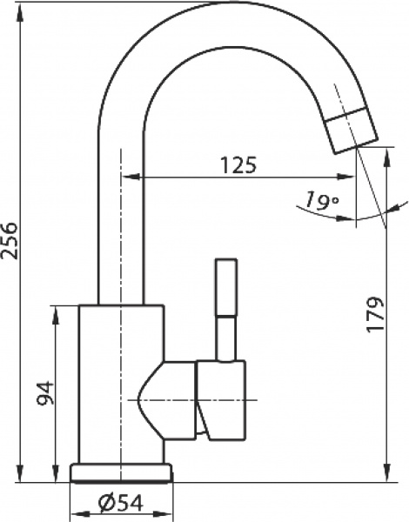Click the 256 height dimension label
click(x=9, y=240)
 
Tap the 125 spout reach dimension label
click(x=240, y=165)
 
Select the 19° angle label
click(x=321, y=201)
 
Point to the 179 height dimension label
click(x=375, y=314)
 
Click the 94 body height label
click(x=44, y=393)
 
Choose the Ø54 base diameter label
click(x=121, y=503)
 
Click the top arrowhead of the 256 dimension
click(x=21, y=12)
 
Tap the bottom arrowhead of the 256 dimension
click(x=21, y=472)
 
